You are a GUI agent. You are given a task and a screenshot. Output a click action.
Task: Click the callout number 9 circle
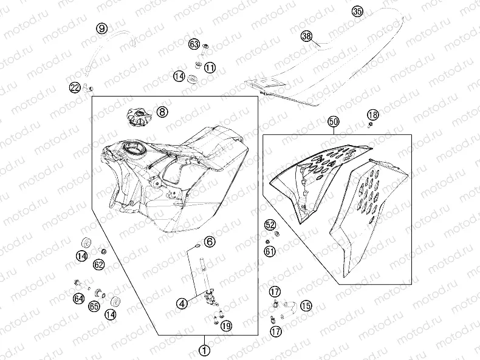point(102,29)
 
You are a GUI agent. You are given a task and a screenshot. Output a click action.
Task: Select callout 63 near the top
point(194,44)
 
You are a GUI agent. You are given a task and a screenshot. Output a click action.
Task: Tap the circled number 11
point(210,67)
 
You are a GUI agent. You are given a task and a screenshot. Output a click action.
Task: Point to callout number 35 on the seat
point(357,12)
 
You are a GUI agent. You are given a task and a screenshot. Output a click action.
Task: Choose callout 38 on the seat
point(306,36)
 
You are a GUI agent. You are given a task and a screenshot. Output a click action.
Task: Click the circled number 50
point(334,121)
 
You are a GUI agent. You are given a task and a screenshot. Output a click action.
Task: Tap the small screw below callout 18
point(371,124)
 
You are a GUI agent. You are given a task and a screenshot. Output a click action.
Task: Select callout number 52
point(270,225)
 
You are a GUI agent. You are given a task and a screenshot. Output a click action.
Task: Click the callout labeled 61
point(270,251)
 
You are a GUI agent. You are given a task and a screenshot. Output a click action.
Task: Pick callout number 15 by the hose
point(306,305)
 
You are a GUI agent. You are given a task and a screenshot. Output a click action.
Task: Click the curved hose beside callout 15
point(289,308)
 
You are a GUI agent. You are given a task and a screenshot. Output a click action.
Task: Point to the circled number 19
point(226,326)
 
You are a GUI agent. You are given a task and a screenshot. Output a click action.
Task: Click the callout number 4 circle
point(182,304)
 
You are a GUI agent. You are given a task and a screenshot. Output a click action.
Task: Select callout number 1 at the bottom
point(205,350)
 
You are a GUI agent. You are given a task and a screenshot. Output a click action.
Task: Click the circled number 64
point(78,299)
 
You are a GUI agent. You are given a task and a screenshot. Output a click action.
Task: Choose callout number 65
point(94,306)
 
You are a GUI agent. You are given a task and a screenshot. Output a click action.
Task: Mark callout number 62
point(99,264)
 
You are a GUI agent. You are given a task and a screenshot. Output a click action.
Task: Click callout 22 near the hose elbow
point(75,88)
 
